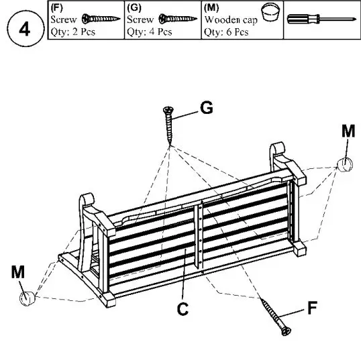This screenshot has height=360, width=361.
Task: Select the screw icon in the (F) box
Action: pos(100,19)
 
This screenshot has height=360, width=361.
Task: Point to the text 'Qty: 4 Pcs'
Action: pos(149,32)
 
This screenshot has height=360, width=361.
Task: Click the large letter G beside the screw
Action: pos(207,108)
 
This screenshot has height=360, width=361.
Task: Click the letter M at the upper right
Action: pos(348,131)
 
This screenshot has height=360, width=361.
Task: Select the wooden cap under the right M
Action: pos(345,165)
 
